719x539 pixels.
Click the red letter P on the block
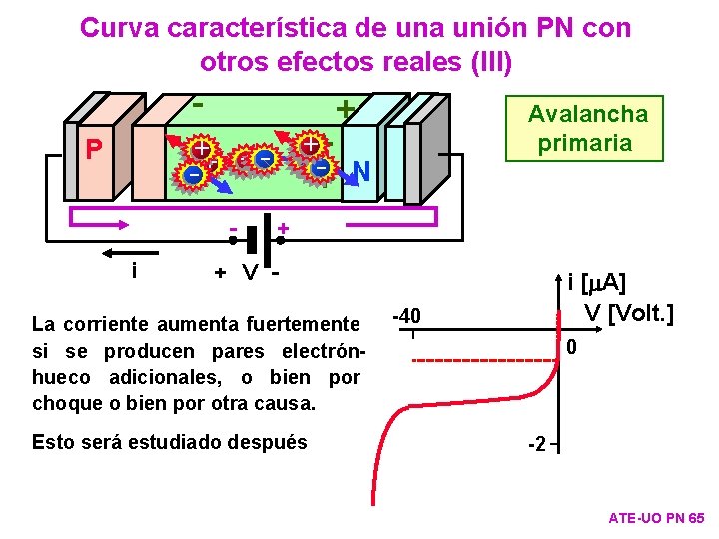tap(94, 149)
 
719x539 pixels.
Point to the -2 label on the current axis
tap(536, 444)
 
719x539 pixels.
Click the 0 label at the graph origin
tap(571, 348)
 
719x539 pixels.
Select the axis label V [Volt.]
tap(628, 313)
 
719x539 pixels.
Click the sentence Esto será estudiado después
tap(170, 441)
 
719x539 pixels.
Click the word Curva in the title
tap(117, 28)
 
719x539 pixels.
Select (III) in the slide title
tap(484, 62)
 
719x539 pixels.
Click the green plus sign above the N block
tap(346, 108)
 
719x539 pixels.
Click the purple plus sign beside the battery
tap(284, 230)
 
